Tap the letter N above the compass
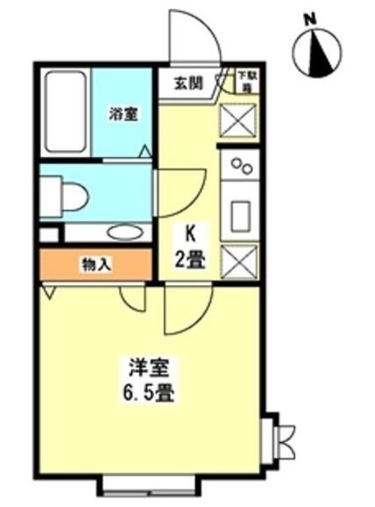pyautogui.click(x=311, y=17)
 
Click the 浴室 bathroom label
pyautogui.click(x=123, y=113)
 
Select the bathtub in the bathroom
pyautogui.click(x=65, y=112)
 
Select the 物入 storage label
pyautogui.click(x=95, y=265)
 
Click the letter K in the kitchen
pyautogui.click(x=190, y=234)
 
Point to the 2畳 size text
pyautogui.click(x=190, y=258)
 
